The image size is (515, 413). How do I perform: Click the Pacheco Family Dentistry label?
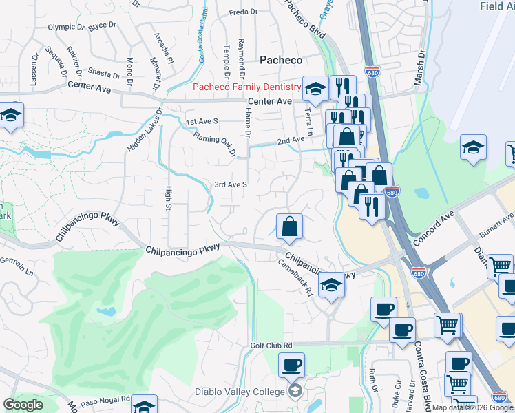pos(246,87)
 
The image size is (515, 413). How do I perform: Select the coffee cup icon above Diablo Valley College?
pos(291,366)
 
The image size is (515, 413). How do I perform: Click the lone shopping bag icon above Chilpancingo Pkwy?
pos(290,226)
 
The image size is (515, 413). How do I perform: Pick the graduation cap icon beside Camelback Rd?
pos(331,286)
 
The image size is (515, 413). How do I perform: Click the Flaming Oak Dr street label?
pos(215,143)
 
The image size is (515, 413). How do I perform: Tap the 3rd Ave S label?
pos(230,184)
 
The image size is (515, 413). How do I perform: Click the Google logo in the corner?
pos(23,405)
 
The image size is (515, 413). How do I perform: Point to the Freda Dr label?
pos(243,12)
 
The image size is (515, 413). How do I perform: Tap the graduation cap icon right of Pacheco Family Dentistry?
pos(315,89)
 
